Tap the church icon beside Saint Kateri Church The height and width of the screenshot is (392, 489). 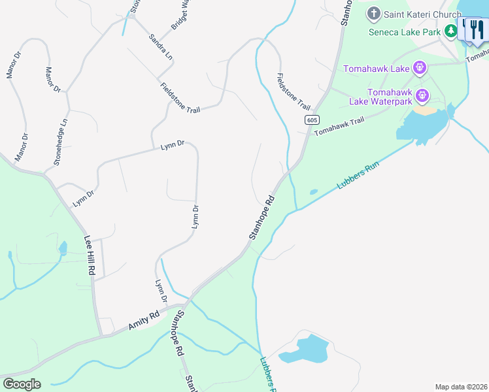(x=375, y=13)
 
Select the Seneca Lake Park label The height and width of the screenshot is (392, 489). (x=405, y=31)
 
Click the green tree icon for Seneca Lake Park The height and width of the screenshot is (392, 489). (x=450, y=31)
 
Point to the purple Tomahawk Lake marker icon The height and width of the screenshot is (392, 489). (x=420, y=67)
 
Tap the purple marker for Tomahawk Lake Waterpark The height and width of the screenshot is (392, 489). (x=423, y=96)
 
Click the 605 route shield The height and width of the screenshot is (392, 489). (x=311, y=120)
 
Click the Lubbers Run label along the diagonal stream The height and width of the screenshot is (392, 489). (x=358, y=175)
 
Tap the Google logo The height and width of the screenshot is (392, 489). (x=22, y=384)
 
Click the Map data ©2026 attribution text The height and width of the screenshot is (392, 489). (x=461, y=386)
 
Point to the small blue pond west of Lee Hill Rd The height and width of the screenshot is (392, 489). (x=63, y=248)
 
